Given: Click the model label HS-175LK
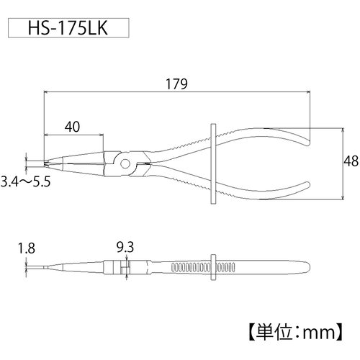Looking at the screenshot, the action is point(68,28).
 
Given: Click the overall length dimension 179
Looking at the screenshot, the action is point(176,84).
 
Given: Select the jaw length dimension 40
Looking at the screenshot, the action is point(72,127).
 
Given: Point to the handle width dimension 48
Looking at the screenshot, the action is point(351,161).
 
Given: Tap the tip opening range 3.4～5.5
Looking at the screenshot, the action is point(25,181).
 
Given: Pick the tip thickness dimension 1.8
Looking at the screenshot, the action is point(27,248).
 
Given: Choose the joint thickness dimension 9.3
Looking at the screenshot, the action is point(125,247).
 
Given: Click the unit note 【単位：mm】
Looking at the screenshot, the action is point(296,333).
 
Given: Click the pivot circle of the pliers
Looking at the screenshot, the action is point(125,164).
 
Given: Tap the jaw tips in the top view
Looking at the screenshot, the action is point(45,163).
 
